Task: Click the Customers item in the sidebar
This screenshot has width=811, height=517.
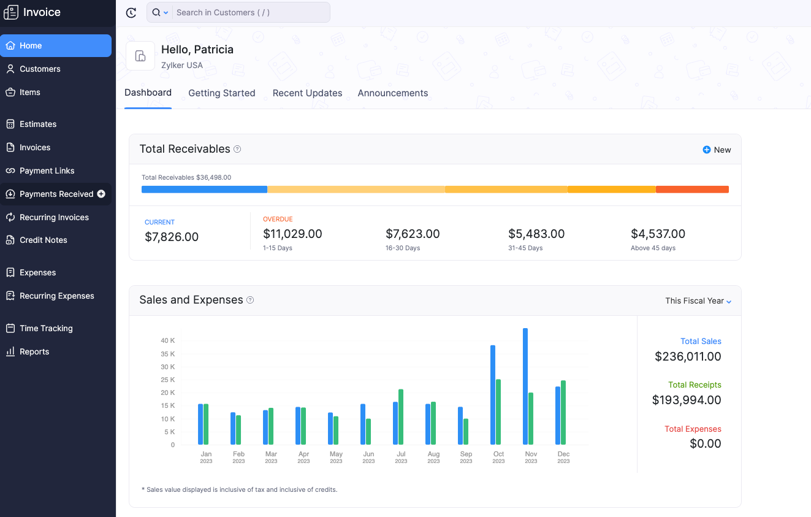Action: [x=40, y=69]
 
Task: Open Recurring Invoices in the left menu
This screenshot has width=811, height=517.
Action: [x=54, y=217]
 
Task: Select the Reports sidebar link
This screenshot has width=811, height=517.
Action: [x=34, y=351]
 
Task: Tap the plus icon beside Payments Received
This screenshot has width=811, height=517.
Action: [x=102, y=194]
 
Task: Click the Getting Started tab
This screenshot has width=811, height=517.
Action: [x=221, y=93]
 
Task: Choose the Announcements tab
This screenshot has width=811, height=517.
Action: [x=392, y=93]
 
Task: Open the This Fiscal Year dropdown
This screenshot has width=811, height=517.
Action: [x=698, y=301]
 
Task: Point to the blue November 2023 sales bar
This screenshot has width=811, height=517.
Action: [x=525, y=386]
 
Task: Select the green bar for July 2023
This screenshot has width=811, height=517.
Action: [x=401, y=417]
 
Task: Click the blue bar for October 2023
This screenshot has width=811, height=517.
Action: [x=493, y=395]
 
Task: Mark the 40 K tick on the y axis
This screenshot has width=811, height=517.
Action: [x=168, y=340]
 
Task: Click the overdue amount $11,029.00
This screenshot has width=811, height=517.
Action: [x=292, y=234]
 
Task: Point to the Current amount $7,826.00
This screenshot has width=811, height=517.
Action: [x=172, y=237]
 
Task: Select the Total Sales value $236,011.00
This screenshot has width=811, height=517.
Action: [x=688, y=356]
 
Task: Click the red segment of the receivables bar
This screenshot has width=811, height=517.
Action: [x=692, y=190]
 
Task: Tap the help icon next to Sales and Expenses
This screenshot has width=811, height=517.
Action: [x=250, y=300]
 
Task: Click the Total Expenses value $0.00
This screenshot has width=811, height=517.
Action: [x=705, y=443]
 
